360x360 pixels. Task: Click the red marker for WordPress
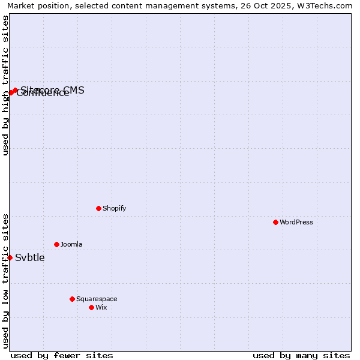275,222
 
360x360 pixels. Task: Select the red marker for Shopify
98,208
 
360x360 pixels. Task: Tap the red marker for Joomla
56,244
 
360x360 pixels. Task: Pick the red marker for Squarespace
72,299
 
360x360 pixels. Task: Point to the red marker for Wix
91,307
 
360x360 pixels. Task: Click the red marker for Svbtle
10,257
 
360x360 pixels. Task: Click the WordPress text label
296,222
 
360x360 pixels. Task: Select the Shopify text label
114,208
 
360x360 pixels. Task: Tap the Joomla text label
71,244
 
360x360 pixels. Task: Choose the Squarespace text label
97,299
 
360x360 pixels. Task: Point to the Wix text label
101,307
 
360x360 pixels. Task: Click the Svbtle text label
30,258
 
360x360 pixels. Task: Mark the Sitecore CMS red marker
15,90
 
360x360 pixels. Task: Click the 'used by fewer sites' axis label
62,355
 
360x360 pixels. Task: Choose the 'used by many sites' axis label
301,355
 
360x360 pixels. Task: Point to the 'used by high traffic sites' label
5,85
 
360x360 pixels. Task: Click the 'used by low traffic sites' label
5,281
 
